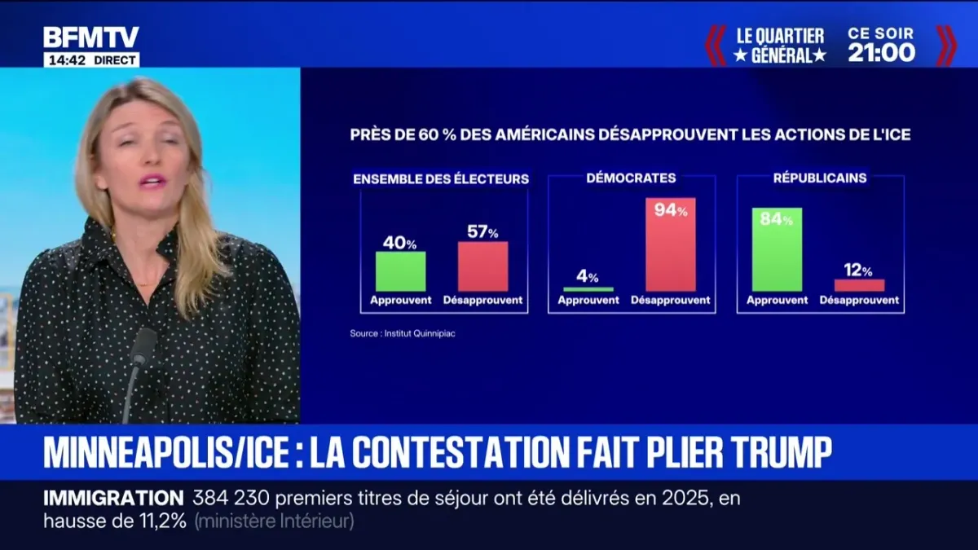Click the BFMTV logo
click(90, 37)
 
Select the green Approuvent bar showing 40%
click(401, 271)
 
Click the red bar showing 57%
click(482, 266)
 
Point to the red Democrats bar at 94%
click(671, 244)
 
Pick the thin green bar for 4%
click(588, 289)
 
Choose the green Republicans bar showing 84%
click(777, 249)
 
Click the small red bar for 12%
click(859, 285)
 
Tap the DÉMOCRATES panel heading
click(631, 178)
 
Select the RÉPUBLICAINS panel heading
click(821, 178)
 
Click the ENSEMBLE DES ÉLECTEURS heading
click(441, 178)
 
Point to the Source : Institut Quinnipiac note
click(403, 332)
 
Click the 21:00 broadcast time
click(881, 54)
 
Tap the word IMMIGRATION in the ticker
click(113, 498)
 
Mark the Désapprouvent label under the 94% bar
click(671, 301)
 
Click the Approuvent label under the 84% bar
click(777, 301)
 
